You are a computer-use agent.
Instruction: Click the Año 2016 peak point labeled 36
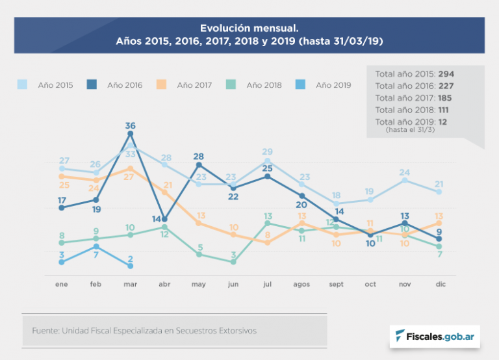tap(131, 134)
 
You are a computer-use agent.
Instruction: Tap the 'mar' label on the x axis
tap(130, 285)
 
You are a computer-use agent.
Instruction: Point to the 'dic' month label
tap(439, 285)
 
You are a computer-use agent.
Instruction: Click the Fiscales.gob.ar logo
tap(434, 337)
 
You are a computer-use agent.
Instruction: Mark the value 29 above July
tap(267, 152)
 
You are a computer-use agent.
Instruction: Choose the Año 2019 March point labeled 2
tap(131, 266)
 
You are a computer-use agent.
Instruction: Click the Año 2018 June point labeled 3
tap(233, 262)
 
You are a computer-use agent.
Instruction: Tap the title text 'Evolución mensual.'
tap(249, 29)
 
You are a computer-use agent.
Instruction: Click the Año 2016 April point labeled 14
tap(164, 219)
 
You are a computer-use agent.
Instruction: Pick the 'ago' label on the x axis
tap(301, 285)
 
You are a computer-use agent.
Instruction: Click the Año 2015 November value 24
tap(405, 172)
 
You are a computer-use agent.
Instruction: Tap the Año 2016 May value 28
tap(199, 157)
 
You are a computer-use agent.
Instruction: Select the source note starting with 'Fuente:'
tap(144, 331)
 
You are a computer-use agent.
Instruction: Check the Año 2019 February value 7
tap(96, 255)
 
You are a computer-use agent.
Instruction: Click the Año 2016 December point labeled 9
tap(439, 238)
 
